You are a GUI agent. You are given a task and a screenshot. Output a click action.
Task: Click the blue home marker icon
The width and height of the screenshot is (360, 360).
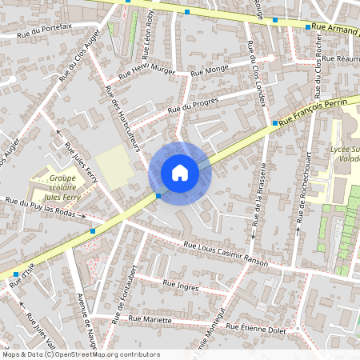[x=180, y=173]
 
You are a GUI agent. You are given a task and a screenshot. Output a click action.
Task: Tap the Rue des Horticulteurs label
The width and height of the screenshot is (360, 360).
[x=124, y=121]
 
